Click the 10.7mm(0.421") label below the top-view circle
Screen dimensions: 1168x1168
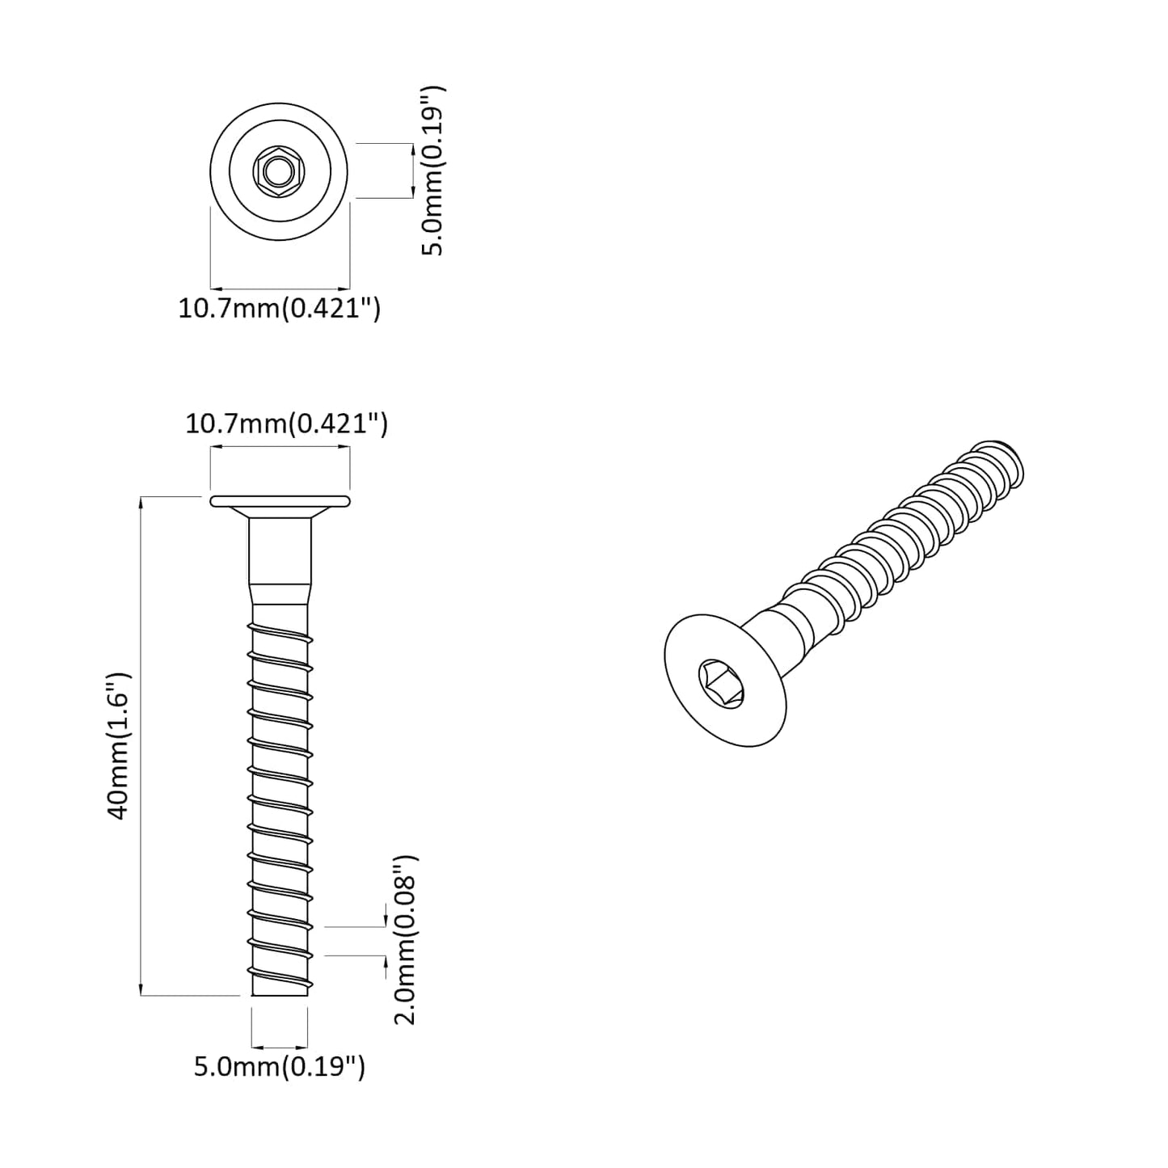click(x=279, y=309)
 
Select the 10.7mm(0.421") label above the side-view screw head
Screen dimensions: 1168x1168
click(x=286, y=424)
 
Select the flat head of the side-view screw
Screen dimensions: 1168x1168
click(x=280, y=501)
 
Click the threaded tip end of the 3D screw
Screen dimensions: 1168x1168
click(x=1002, y=461)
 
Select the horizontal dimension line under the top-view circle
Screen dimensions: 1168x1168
click(x=280, y=288)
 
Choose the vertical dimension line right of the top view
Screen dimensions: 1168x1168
click(x=413, y=171)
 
